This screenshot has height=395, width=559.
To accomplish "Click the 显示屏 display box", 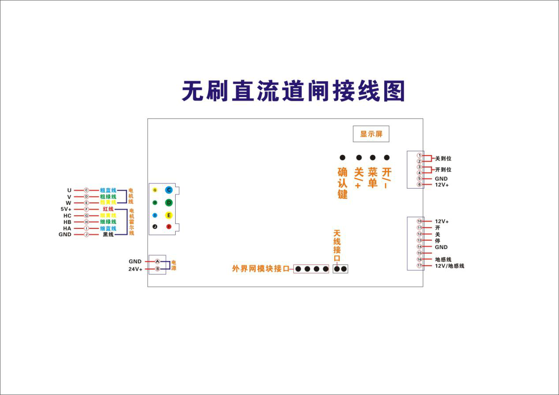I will pos(371,134).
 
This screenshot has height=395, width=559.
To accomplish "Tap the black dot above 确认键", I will pos(342,157).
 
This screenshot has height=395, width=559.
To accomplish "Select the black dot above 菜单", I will pos(373,157).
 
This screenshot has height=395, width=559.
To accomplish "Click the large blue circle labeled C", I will pos(169,190).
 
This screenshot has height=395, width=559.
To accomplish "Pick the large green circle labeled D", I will pos(169,203).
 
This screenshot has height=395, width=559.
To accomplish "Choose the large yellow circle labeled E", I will pos(169,216).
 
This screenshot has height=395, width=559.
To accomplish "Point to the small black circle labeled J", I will pos(155,227).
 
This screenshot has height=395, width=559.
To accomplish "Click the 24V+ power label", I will pos(135,269).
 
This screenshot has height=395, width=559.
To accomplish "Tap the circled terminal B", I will pos(158,269).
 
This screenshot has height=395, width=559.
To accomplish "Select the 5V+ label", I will pos(66,209).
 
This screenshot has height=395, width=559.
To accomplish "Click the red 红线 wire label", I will pos(108,209).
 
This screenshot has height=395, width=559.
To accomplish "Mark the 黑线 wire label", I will pos(108,235).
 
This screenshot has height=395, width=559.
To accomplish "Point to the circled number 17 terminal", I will pos(419,266).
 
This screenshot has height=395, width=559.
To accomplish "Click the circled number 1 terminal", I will pos(419,156).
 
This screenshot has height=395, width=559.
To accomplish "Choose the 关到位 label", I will pos(443,158).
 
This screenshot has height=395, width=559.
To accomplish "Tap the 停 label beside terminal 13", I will pos(438,241).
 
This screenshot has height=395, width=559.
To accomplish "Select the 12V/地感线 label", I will pos(450,266).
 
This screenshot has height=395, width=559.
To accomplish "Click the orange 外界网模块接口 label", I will pos(260,268).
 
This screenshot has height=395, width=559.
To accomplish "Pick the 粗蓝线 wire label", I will pos(108,190).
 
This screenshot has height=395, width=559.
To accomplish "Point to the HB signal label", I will pos(67,222).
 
